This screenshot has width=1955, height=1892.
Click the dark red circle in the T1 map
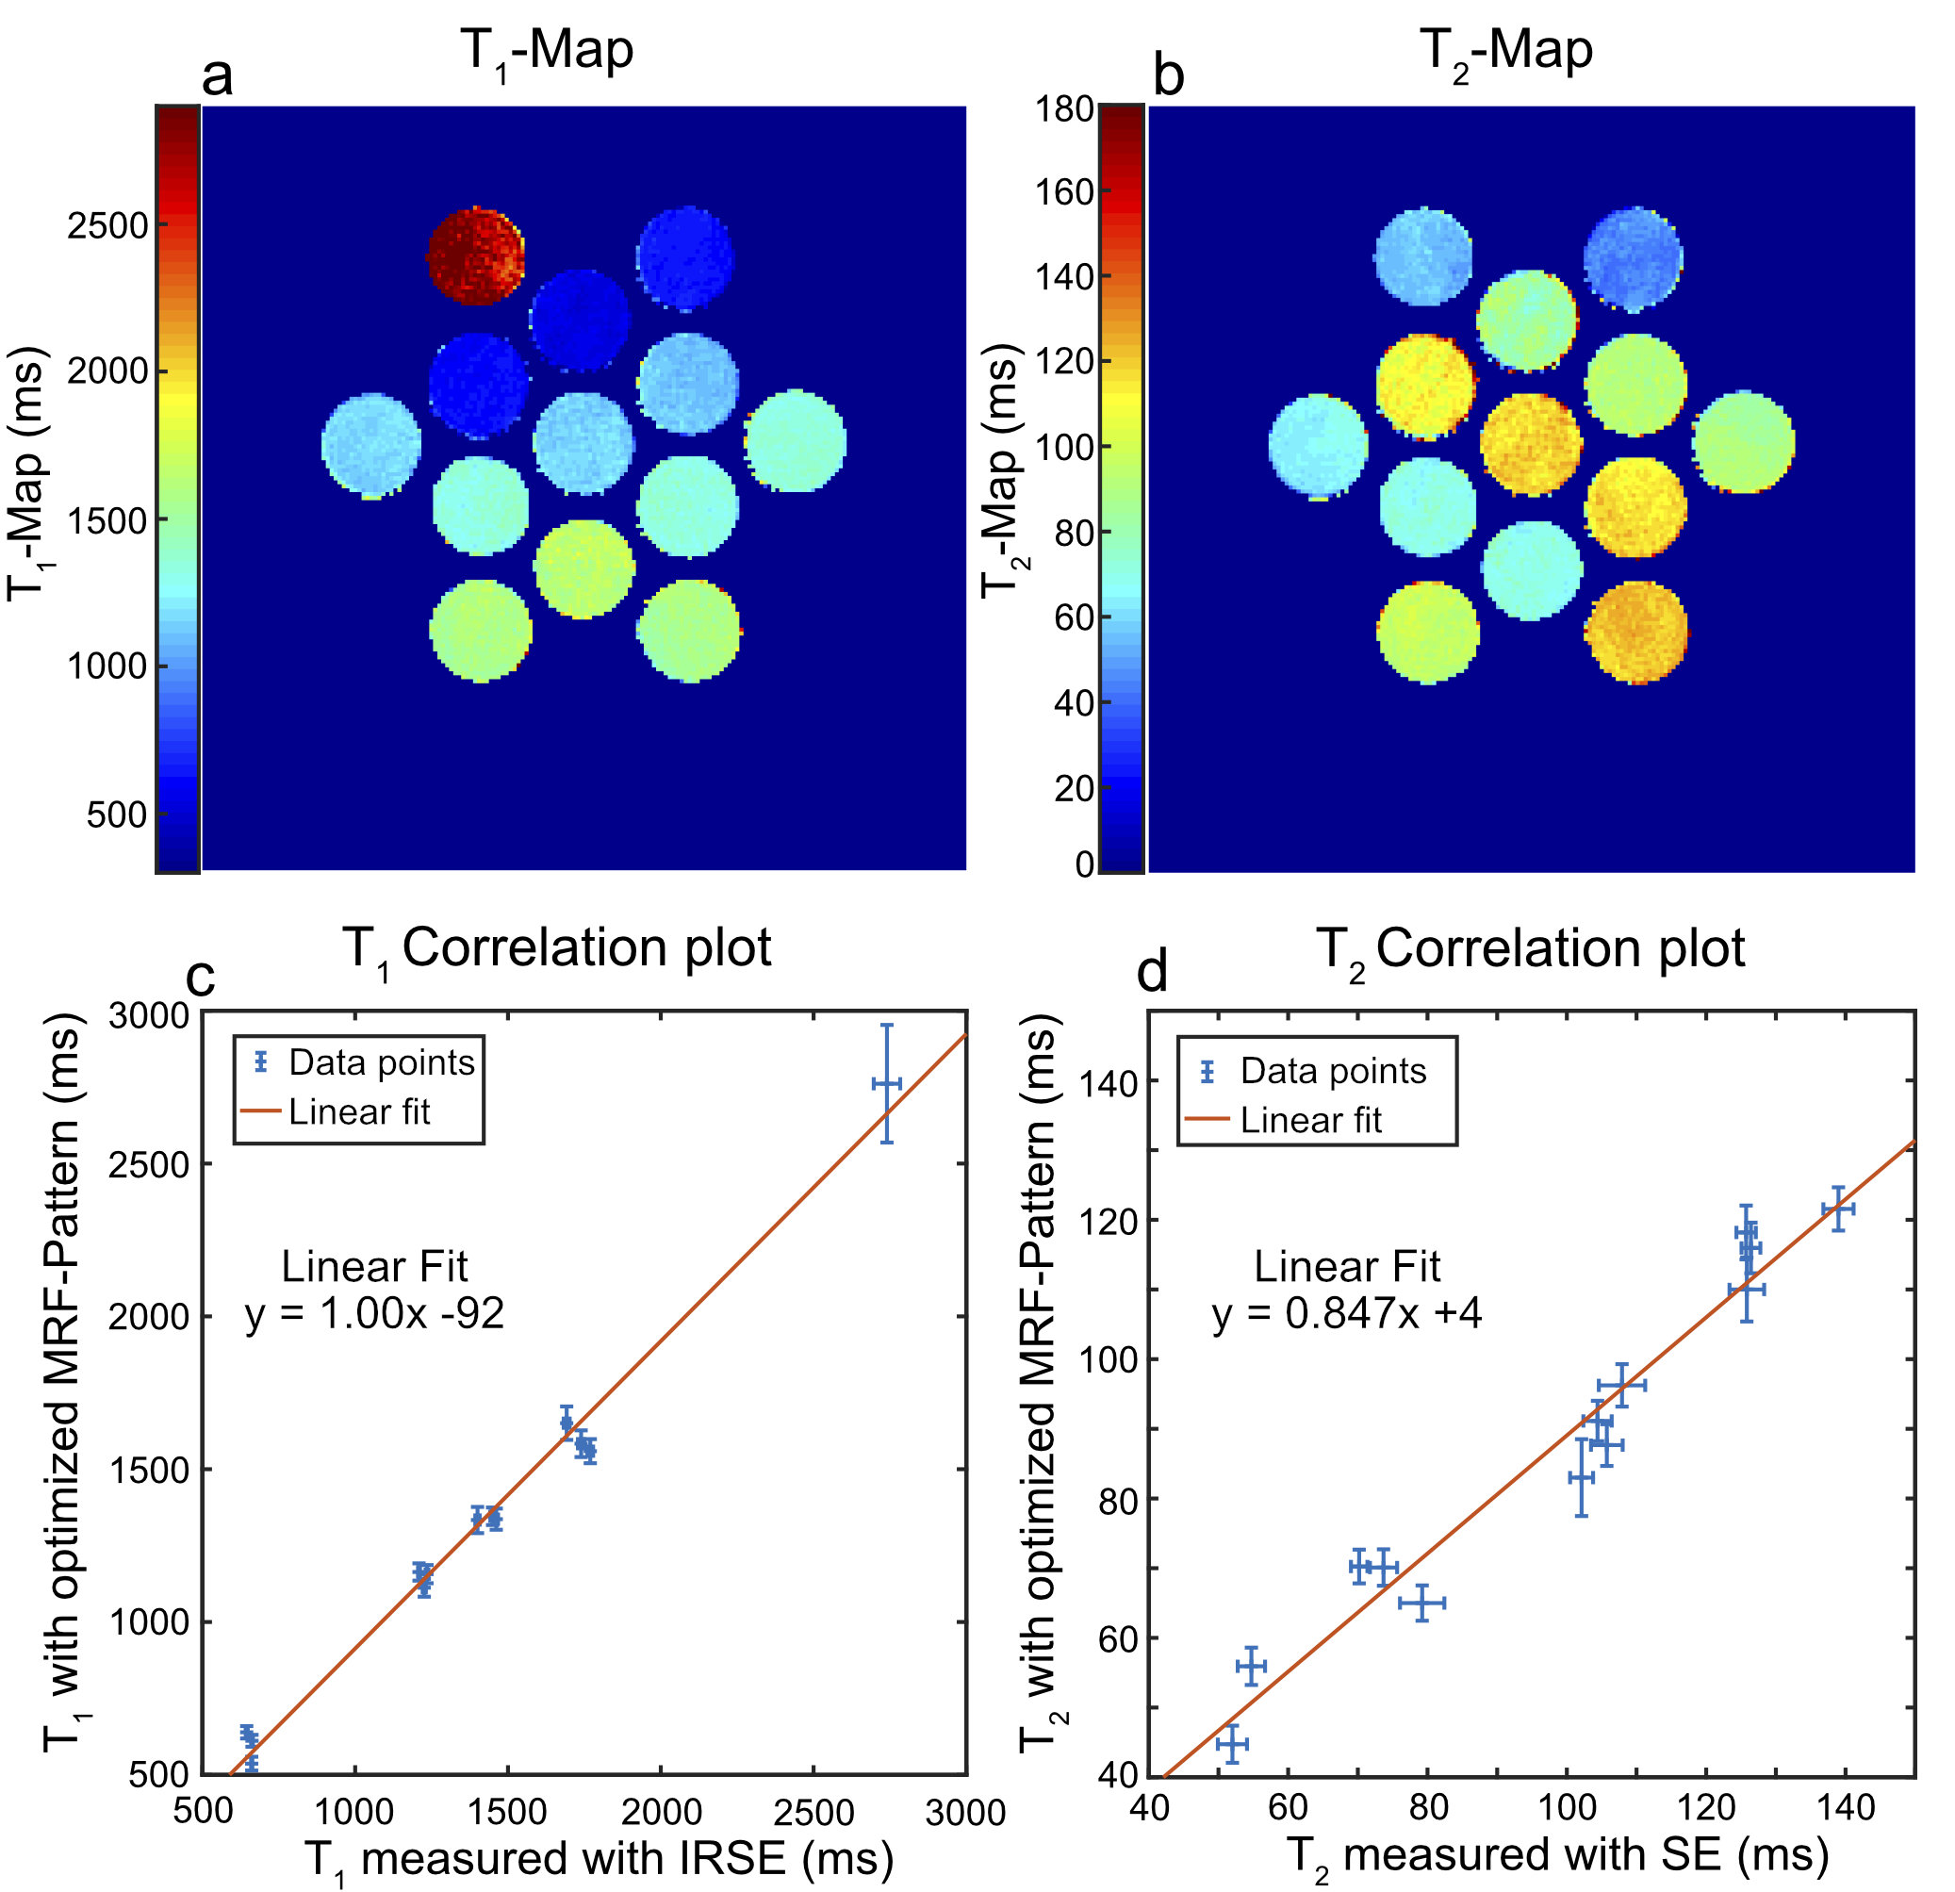click(476, 255)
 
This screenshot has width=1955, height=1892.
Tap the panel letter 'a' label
click(218, 75)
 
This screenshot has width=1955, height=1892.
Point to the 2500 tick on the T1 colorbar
click(107, 226)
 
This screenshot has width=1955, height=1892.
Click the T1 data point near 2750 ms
click(887, 1083)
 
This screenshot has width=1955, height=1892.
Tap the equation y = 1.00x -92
click(375, 1313)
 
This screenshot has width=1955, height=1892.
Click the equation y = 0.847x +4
click(1347, 1313)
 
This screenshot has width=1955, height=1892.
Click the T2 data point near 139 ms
click(1837, 1209)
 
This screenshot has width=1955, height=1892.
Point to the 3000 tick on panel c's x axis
click(964, 1812)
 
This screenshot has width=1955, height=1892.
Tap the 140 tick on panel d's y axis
click(1109, 1082)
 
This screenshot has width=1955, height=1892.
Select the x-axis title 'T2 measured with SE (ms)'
click(1557, 1855)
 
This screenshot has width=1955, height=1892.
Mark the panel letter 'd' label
click(1152, 973)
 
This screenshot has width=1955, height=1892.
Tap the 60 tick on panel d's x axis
click(1288, 1807)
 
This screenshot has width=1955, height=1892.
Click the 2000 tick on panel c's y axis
click(148, 1317)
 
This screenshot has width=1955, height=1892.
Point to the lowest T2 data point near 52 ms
click(1232, 1744)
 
